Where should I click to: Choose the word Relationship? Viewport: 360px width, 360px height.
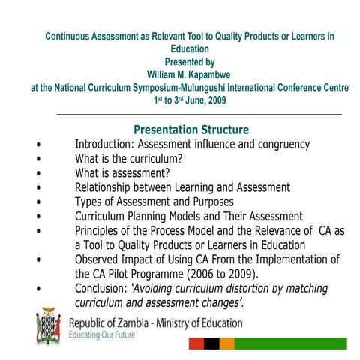pos(109,187)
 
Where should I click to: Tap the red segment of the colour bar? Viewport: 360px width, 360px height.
pos(196,343)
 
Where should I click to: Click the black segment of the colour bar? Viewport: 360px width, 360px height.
pos(212,343)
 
